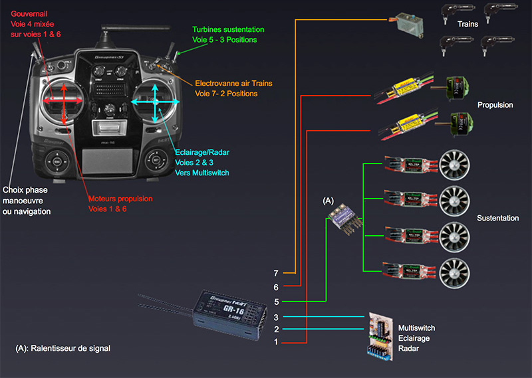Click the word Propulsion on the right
[x=495, y=106]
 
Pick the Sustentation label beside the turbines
[x=497, y=219]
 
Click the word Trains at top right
[x=467, y=24]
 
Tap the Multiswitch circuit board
[x=382, y=336]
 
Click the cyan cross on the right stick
[x=155, y=101]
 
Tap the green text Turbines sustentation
[x=228, y=30]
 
